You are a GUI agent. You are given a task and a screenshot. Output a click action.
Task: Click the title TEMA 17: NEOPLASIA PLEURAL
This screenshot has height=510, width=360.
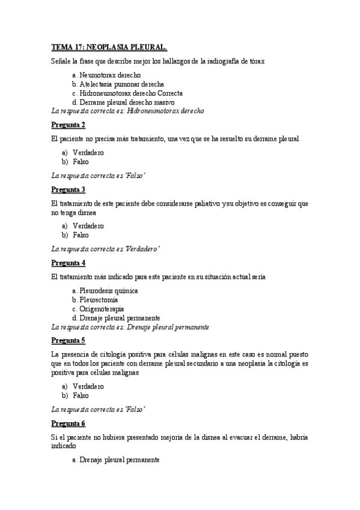[x=109, y=46]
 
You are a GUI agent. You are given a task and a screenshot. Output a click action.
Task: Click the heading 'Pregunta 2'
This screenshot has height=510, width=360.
[x=68, y=124]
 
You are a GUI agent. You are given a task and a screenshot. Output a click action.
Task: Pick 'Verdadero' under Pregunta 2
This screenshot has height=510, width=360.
[x=88, y=153]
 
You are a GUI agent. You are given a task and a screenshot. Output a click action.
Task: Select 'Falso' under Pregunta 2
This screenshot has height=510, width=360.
[x=81, y=162]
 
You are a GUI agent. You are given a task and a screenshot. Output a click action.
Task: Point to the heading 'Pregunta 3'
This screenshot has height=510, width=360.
[x=68, y=189]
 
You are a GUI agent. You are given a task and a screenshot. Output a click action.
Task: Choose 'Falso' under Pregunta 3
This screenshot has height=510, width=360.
[x=81, y=235]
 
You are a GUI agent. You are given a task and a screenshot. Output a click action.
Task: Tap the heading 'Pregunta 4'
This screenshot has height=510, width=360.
[x=68, y=262]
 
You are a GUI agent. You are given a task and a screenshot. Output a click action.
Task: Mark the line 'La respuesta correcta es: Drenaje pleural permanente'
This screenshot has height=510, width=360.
[x=130, y=327]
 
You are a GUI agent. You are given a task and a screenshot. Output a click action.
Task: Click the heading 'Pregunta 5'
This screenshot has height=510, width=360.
[x=68, y=340]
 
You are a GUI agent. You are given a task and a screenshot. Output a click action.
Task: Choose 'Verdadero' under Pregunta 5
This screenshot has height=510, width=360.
[x=88, y=386]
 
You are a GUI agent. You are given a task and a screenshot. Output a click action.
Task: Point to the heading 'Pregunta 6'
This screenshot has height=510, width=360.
[x=68, y=423]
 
